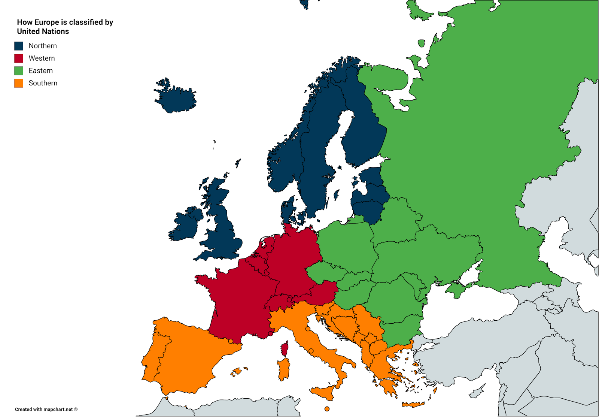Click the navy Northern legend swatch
19,46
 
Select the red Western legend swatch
19,58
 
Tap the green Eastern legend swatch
19,71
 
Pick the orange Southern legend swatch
19,83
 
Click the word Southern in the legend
43,83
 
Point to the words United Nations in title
43,31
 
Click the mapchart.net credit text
46,409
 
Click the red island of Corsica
285,349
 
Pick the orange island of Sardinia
284,369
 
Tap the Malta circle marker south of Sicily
327,409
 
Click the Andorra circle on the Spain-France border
231,341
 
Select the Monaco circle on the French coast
270,333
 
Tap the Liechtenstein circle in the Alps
289,300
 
